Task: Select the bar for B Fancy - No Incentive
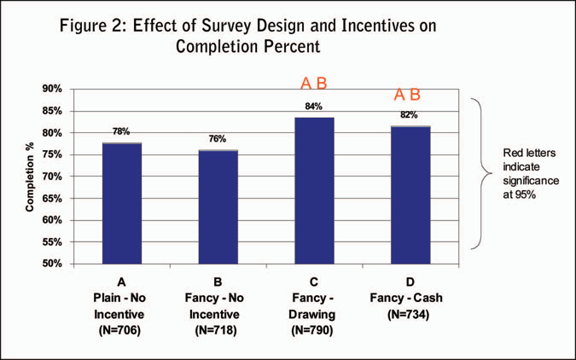click(x=219, y=206)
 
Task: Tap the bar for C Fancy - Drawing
click(x=313, y=190)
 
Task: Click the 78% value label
click(x=121, y=131)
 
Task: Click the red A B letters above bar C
click(x=313, y=84)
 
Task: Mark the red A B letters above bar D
click(x=406, y=95)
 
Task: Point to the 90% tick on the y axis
click(x=52, y=89)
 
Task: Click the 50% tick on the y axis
click(x=52, y=264)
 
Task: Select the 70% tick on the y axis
click(x=52, y=177)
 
